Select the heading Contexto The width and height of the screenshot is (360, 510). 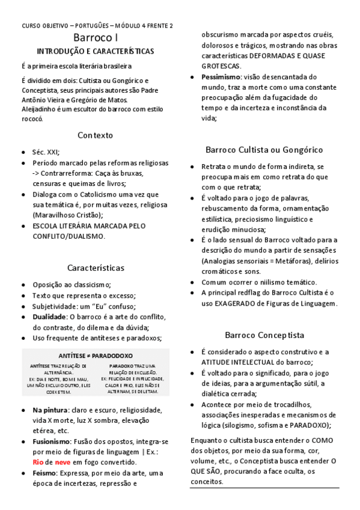point(95,135)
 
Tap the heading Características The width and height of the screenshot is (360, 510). point(96,266)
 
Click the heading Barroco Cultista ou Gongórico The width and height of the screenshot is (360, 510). point(264,149)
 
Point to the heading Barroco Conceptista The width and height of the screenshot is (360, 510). point(264,334)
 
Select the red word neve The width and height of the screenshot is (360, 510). point(63,462)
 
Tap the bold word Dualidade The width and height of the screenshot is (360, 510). point(49,316)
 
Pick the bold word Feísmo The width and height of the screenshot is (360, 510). point(45,473)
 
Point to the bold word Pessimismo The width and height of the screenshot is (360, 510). point(221,77)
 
